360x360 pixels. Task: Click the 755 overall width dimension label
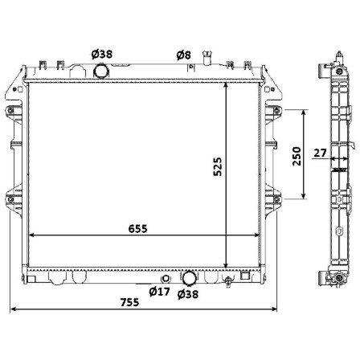[x=129, y=302]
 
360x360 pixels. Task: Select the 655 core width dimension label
[x=137, y=229]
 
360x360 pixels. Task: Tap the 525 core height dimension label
[x=218, y=166]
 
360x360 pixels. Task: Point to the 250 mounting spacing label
[x=297, y=156]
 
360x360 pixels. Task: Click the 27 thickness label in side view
[x=321, y=153]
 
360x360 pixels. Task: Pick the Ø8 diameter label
[x=184, y=55]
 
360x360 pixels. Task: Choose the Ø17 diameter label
[x=159, y=292]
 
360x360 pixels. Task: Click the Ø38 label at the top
[x=102, y=54]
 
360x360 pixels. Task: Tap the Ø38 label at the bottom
[x=188, y=294]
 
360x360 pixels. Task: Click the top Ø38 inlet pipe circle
[x=101, y=70]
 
